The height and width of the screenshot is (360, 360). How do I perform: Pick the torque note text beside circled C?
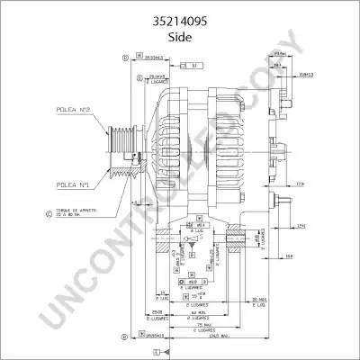[76, 215]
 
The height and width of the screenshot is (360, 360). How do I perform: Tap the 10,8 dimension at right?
[287, 257]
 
